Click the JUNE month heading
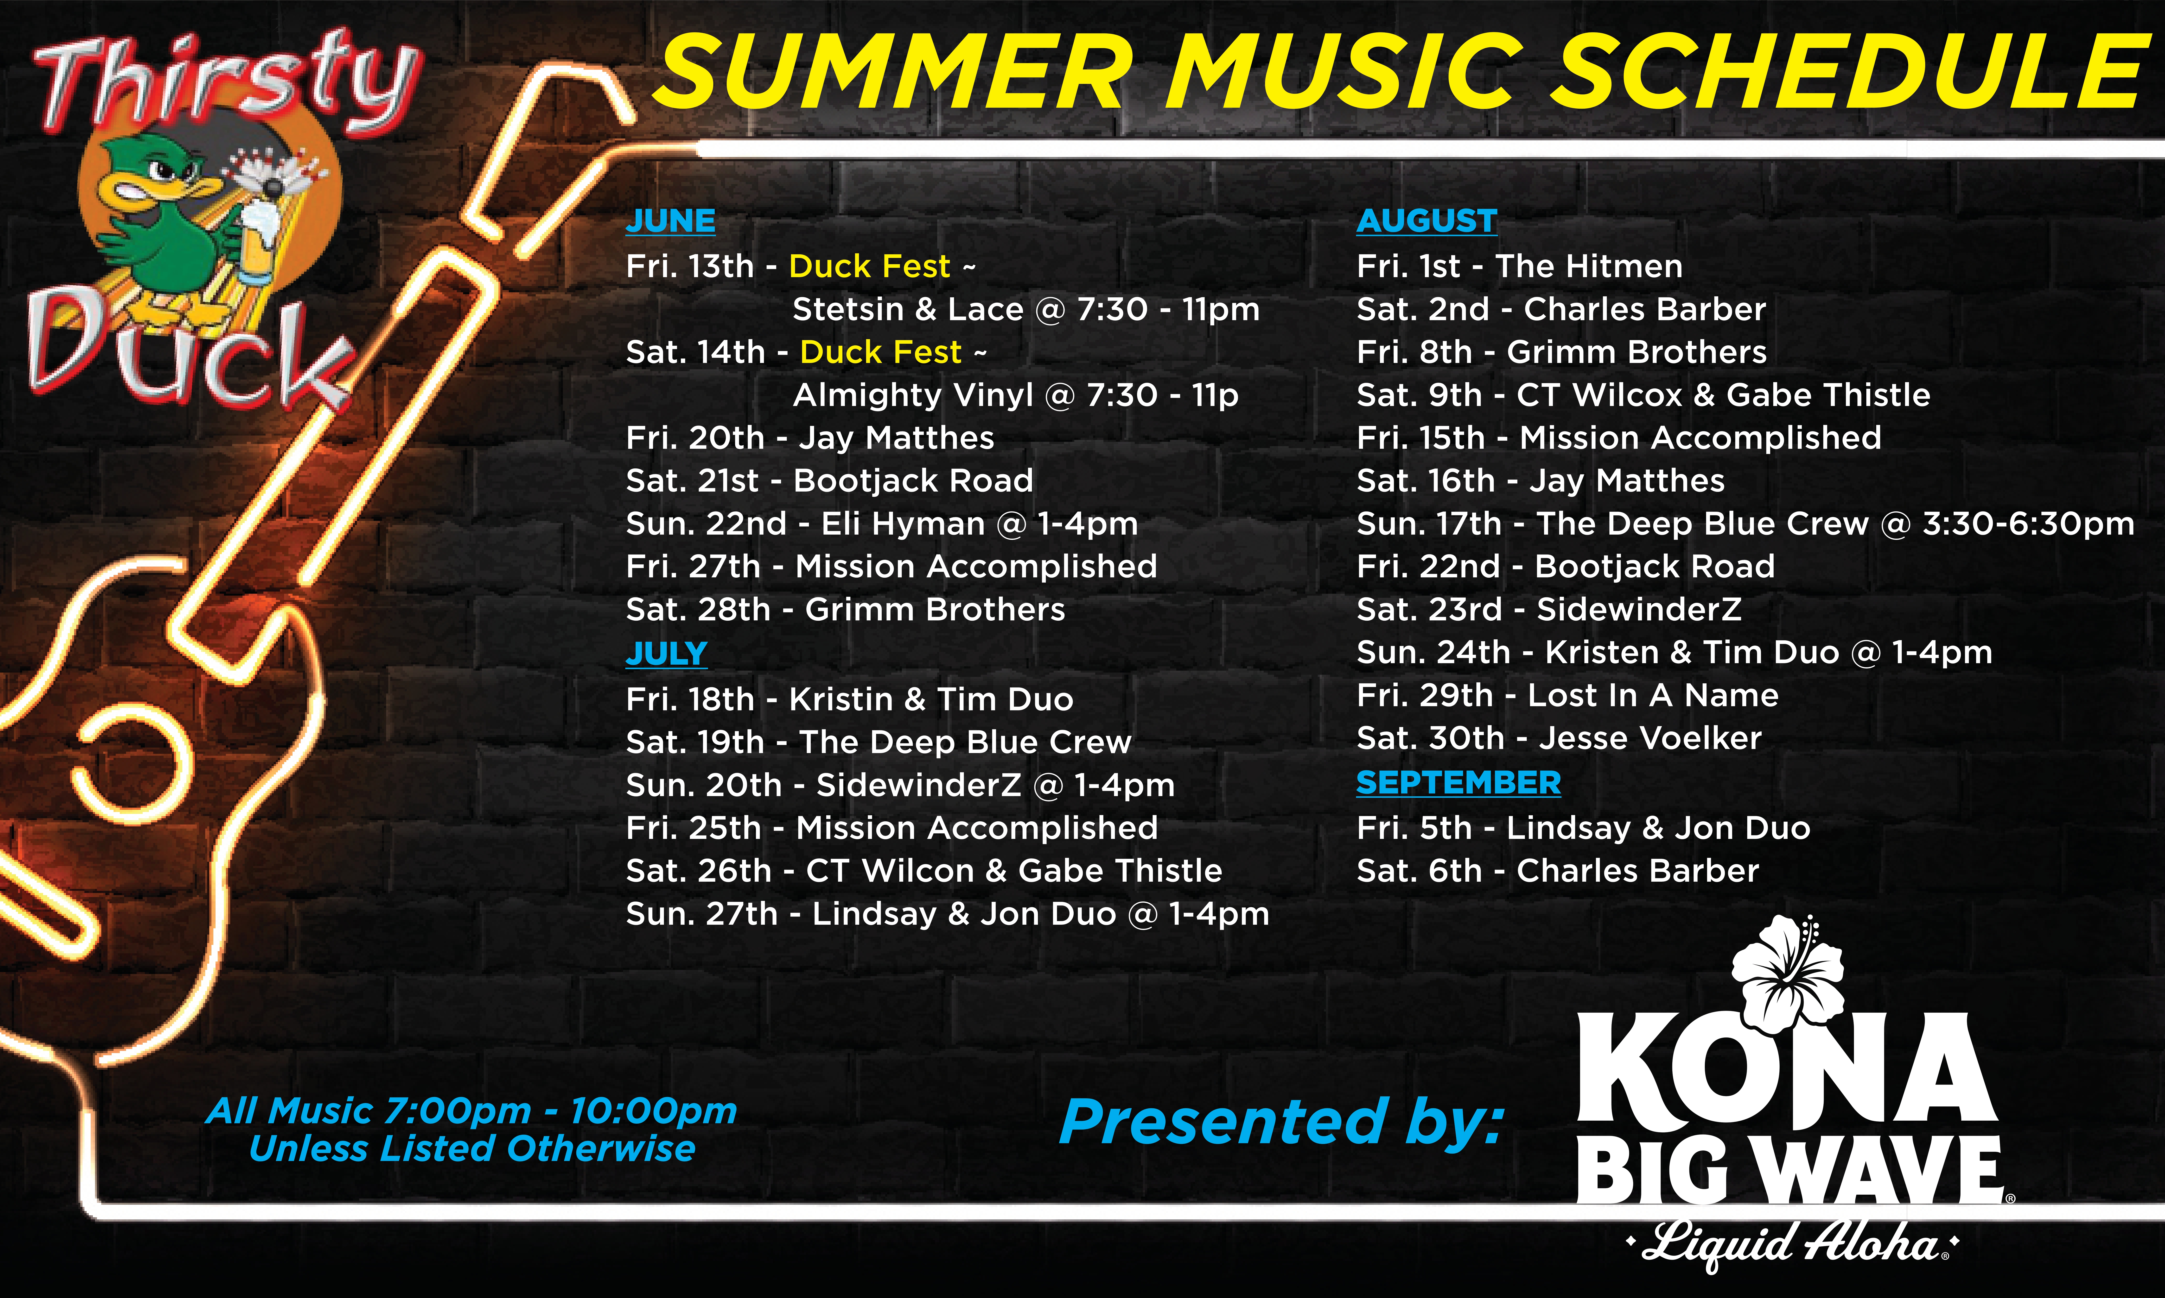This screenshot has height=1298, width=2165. (x=670, y=220)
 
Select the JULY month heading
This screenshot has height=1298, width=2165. (x=666, y=653)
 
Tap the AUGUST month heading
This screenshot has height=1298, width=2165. (x=1426, y=220)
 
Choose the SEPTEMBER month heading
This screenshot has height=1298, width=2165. (x=1458, y=783)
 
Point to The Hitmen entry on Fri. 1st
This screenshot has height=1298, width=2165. (x=1519, y=266)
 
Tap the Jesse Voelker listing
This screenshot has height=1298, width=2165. (x=1559, y=738)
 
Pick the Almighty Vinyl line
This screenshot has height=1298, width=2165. (x=1015, y=395)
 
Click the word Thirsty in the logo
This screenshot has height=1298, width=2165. (x=228, y=83)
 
